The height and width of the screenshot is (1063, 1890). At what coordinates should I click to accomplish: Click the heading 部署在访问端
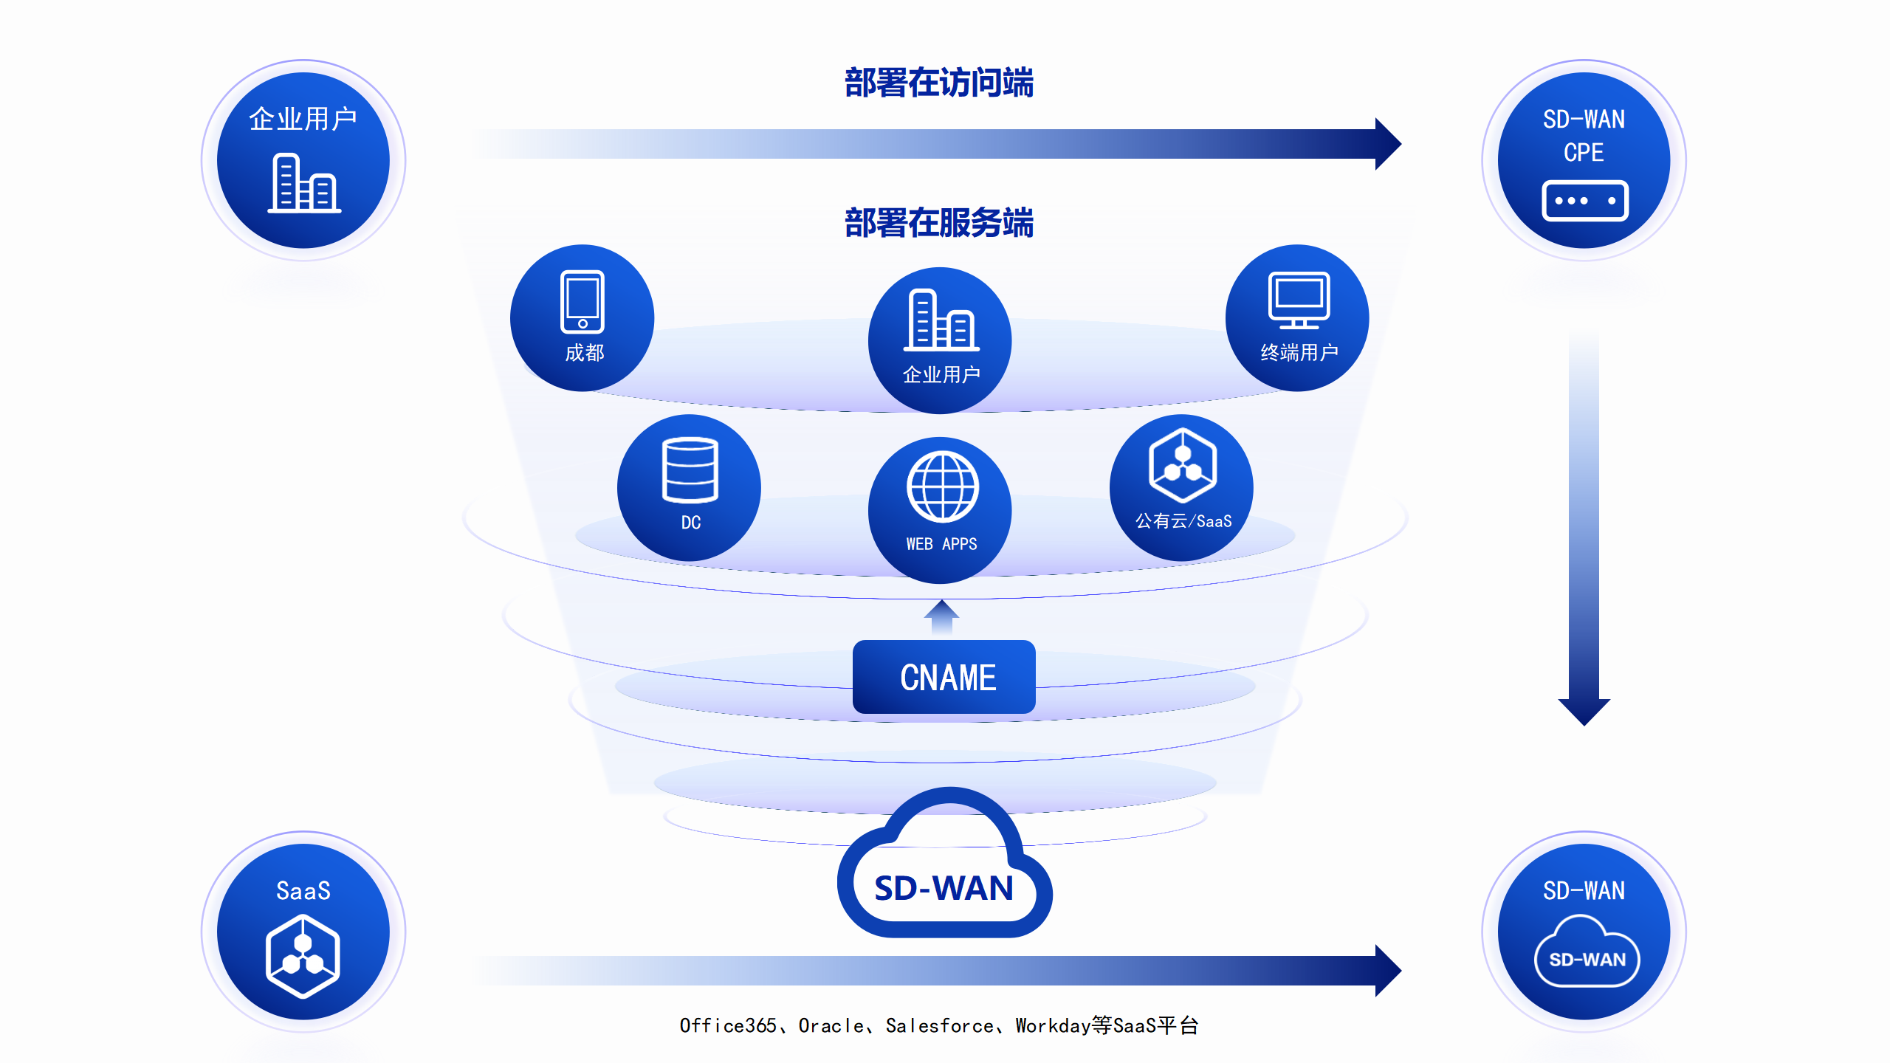(x=939, y=83)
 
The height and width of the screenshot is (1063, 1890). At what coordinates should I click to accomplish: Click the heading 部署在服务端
(x=939, y=223)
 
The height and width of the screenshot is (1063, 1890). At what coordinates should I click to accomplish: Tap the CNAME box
(x=944, y=677)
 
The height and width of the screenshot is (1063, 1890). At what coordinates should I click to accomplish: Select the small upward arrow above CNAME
(x=941, y=617)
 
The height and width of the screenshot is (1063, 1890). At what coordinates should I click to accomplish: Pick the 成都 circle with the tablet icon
(x=583, y=318)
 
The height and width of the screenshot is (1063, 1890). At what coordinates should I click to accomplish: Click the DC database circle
(x=689, y=488)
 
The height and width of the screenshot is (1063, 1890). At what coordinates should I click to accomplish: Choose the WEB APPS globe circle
(x=941, y=510)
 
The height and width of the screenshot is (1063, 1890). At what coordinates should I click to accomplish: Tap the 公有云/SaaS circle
(x=1181, y=488)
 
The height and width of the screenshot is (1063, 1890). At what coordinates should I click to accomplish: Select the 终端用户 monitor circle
(x=1297, y=318)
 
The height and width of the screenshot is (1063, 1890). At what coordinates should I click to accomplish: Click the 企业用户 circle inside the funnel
(x=941, y=340)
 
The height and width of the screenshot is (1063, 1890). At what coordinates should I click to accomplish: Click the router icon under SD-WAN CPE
(x=1584, y=201)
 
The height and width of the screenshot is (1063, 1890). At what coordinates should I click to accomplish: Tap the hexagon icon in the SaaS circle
(x=303, y=956)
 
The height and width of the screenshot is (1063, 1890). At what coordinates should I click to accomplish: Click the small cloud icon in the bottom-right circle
(x=1587, y=952)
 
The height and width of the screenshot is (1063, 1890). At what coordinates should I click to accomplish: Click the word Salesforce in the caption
(x=939, y=1026)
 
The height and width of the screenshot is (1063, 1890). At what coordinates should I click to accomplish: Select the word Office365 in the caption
(x=728, y=1026)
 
